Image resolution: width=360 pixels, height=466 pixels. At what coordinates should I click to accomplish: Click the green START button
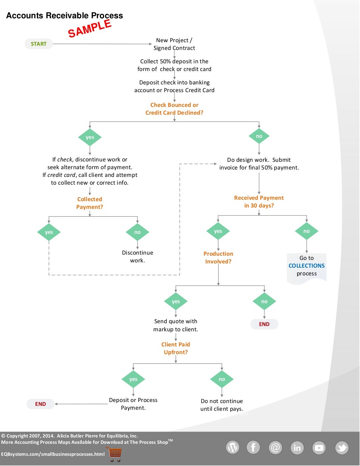(x=39, y=44)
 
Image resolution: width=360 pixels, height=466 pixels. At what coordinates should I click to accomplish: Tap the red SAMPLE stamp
(x=90, y=28)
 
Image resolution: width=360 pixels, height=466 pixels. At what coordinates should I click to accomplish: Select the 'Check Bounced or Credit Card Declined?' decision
(x=174, y=109)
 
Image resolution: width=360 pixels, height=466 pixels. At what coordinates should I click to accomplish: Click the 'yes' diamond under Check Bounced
(x=90, y=137)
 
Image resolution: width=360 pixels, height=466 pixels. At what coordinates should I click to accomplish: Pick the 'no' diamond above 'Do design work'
(x=259, y=136)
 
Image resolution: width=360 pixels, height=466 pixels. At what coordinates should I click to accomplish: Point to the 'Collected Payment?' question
(x=90, y=203)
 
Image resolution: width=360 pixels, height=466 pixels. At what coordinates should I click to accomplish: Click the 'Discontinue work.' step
(x=137, y=256)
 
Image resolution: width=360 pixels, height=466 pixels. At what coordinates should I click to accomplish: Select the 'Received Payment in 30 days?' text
(x=259, y=202)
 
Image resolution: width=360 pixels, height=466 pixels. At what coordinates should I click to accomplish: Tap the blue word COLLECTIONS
(x=307, y=266)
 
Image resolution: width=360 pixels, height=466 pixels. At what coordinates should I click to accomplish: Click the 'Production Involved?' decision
(x=218, y=257)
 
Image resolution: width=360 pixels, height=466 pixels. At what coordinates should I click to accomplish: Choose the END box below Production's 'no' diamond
(x=264, y=324)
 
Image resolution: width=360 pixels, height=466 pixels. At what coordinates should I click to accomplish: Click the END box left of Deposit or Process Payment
(x=40, y=404)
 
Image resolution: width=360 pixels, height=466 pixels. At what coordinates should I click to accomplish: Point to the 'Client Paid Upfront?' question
(x=176, y=348)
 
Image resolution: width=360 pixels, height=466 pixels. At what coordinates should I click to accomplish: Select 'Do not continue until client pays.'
(x=222, y=405)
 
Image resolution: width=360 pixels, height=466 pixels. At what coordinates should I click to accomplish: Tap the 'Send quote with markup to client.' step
(x=176, y=325)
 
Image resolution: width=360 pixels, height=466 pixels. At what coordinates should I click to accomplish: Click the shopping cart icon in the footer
(x=114, y=454)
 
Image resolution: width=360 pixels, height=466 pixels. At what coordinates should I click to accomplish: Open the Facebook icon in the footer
(x=253, y=447)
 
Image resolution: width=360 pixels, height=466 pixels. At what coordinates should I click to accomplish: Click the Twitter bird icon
(x=341, y=448)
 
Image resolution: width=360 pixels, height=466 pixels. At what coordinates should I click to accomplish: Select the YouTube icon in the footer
(x=319, y=448)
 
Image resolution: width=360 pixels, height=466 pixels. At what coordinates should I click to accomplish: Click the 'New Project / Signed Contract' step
(x=174, y=44)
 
